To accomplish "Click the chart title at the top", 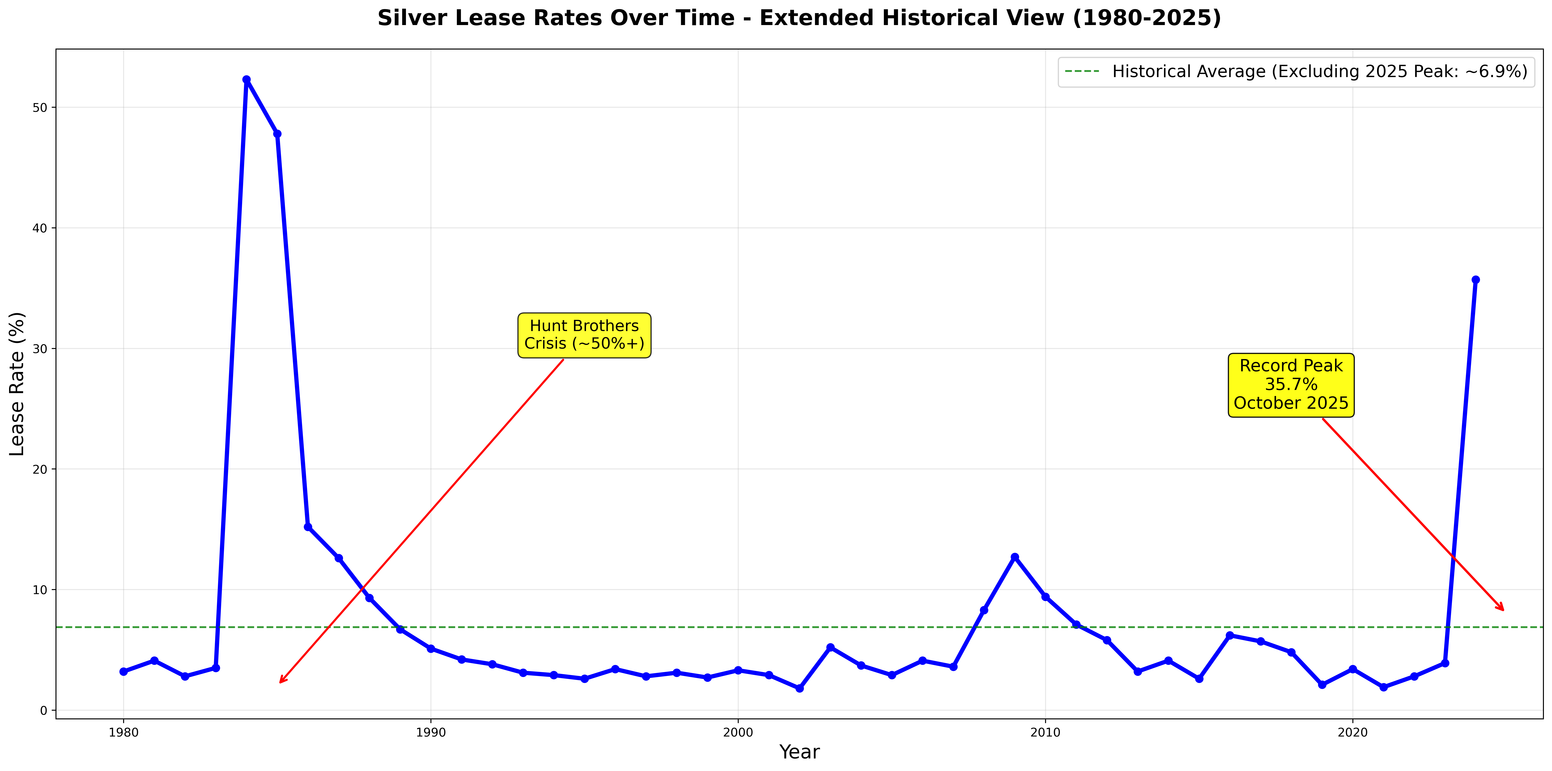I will point(799,18).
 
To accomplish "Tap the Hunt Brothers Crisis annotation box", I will point(584,335).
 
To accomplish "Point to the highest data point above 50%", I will point(246,80).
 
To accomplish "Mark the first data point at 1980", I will point(124,671).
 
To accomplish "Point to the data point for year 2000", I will point(738,670).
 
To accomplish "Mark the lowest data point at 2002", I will point(799,688).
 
